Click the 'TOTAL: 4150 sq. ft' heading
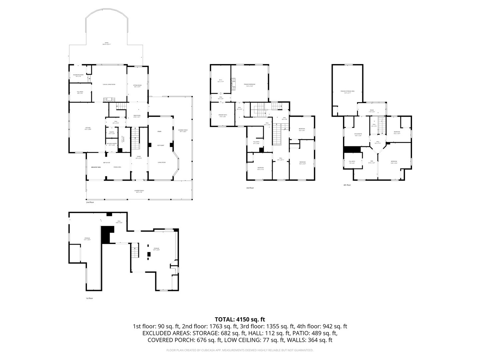(x=240, y=319)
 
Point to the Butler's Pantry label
(x=111, y=144)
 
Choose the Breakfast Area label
(x=96, y=167)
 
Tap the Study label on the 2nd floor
(x=159, y=131)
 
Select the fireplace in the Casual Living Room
(x=109, y=99)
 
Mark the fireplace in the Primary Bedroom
(x=234, y=84)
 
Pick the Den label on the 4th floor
(x=372, y=162)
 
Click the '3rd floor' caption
(x=250, y=188)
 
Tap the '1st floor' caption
(x=89, y=298)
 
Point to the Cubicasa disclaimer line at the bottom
(x=240, y=350)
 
